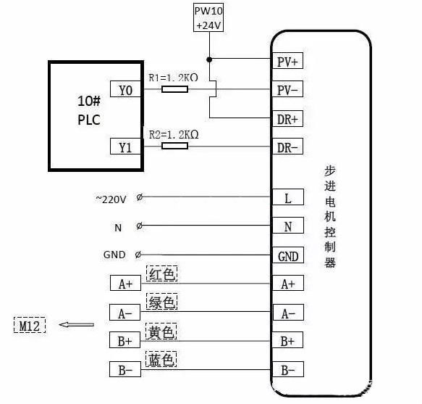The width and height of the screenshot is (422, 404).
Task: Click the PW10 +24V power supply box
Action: [x=209, y=18]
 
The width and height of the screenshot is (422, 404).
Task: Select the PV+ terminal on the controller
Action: [x=288, y=62]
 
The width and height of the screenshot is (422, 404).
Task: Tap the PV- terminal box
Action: [x=288, y=91]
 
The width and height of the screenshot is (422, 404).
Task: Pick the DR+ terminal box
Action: [x=288, y=118]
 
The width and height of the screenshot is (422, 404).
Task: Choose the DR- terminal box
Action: [x=288, y=147]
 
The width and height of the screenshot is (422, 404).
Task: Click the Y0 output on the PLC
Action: [x=125, y=90]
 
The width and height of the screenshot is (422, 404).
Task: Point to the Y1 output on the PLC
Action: [x=125, y=147]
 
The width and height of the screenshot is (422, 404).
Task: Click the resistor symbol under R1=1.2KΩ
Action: [x=174, y=89]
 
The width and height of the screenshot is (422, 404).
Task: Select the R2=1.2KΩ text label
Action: [x=173, y=135]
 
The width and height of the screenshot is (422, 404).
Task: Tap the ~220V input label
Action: [x=111, y=198]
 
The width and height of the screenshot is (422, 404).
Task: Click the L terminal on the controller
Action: [x=288, y=198]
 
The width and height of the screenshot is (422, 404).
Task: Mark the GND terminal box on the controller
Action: [x=288, y=256]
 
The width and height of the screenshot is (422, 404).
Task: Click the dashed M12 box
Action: [x=29, y=326]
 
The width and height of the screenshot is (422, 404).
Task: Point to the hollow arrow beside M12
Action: [x=76, y=326]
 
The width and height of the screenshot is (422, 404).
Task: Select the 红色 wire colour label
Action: [x=162, y=274]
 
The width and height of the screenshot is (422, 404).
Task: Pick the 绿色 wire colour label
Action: [x=162, y=302]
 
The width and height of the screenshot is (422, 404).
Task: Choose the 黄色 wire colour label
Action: [x=162, y=331]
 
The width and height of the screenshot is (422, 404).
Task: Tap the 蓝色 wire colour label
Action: [x=162, y=360]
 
